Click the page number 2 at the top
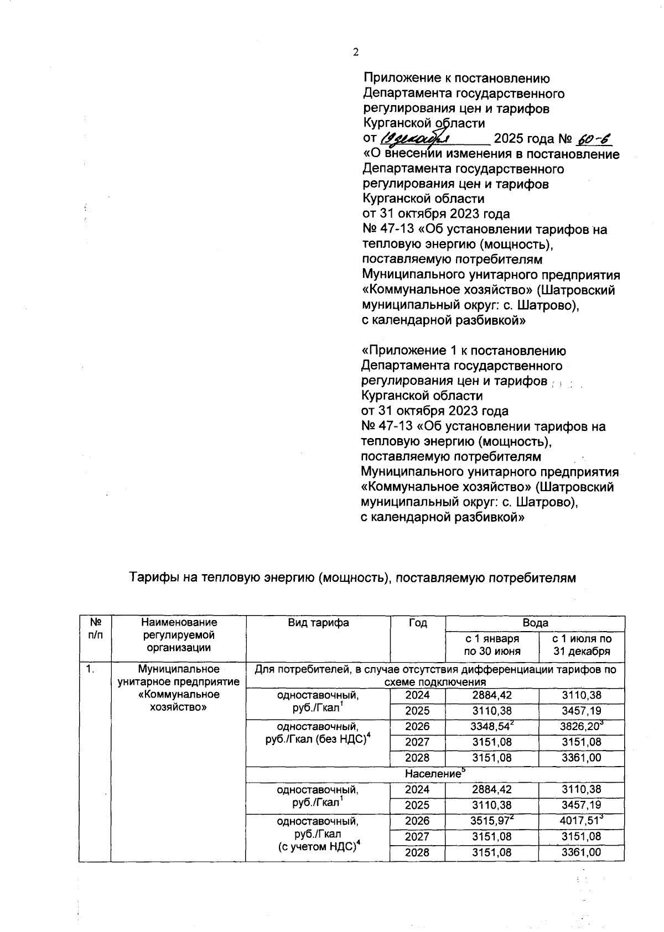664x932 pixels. (356, 53)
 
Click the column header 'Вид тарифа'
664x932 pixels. (318, 623)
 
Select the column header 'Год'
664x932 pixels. (418, 623)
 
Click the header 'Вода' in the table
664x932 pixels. (535, 623)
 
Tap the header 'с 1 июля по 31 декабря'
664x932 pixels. (582, 645)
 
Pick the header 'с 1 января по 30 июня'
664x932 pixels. (492, 645)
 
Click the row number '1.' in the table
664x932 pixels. (90, 670)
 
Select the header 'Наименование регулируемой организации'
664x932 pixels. (178, 635)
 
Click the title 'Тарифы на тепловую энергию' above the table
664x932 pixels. (352, 578)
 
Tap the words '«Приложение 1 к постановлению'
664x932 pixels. (463, 351)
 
